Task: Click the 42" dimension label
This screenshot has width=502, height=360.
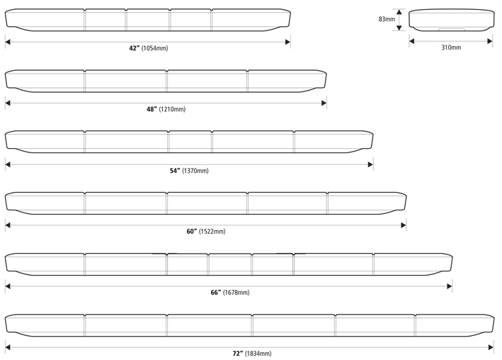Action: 134,48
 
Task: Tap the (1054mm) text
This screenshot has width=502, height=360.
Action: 155,48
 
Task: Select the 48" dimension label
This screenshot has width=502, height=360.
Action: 152,109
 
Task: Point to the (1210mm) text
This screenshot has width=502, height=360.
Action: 172,109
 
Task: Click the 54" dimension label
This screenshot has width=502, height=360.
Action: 175,171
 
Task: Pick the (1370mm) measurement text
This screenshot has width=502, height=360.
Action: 195,171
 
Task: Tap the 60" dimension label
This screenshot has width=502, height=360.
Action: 191,232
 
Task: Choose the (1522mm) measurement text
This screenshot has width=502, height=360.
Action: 212,232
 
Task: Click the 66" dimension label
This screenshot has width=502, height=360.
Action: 215,293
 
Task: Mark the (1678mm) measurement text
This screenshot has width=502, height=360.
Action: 236,293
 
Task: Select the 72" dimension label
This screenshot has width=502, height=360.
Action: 237,353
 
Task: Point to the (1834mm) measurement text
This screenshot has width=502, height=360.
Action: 258,353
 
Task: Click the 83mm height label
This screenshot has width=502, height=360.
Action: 387,19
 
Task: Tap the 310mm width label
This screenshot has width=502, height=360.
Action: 451,47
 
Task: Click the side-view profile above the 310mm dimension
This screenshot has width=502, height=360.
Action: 451,20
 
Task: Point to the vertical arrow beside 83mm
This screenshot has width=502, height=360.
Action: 399,20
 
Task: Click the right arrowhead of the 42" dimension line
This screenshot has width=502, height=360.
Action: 287,42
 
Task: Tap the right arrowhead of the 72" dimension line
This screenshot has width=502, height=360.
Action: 490,347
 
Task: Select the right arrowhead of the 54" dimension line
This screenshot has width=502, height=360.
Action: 370,164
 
